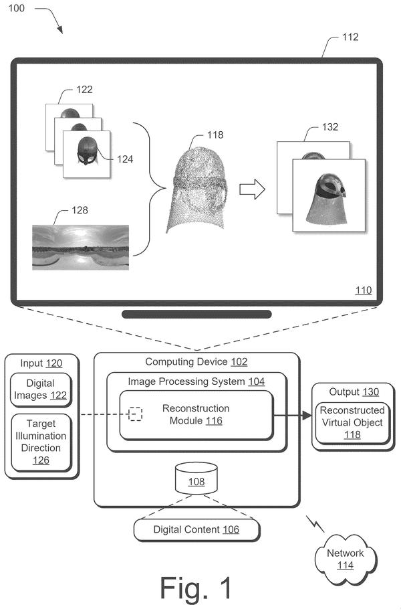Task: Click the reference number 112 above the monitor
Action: pos(350,37)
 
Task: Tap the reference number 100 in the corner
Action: pos(17,8)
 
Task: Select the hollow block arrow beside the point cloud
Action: pos(252,189)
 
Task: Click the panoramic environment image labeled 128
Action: pos(80,247)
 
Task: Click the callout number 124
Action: pos(125,159)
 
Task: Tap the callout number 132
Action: pos(330,127)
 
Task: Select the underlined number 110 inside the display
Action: pos(363,290)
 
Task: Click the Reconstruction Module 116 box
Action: pos(196,415)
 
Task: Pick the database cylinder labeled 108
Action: pos(196,478)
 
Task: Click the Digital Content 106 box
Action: pos(196,530)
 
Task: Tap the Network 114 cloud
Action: pos(346,559)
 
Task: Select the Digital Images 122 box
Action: pos(41,389)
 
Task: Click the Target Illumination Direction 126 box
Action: pos(41,442)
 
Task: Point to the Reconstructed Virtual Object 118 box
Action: pos(353,423)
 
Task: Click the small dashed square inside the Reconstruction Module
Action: pos(135,414)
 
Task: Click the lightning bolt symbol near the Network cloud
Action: pos(315,524)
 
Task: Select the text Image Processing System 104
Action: pos(196,381)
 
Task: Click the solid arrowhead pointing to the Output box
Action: pos(307,415)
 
